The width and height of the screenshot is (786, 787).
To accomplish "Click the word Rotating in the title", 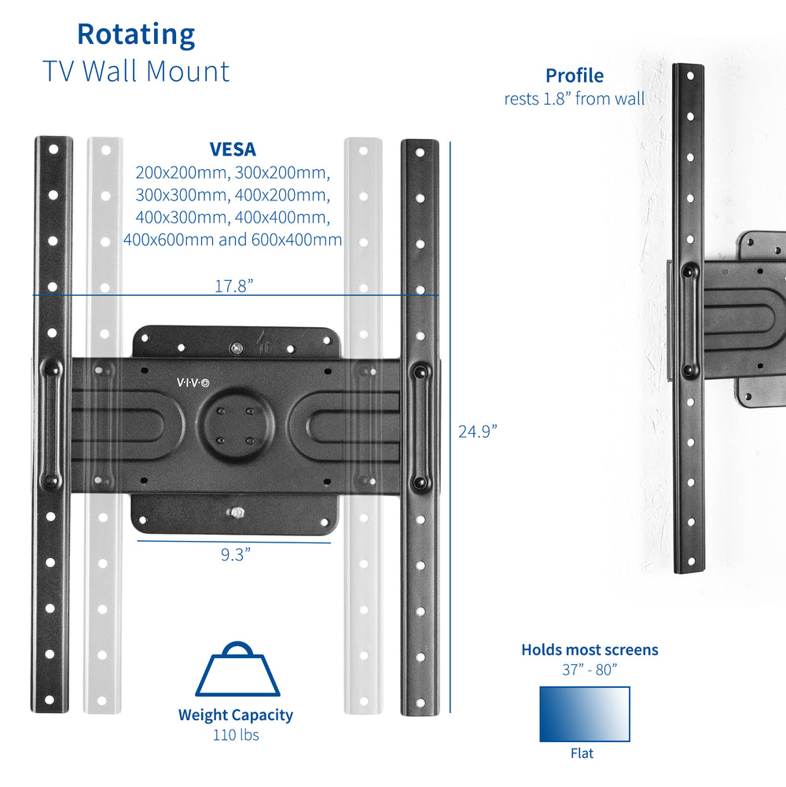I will pyautogui.click(x=135, y=35).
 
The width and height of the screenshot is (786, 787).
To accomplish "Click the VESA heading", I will pyautogui.click(x=232, y=149).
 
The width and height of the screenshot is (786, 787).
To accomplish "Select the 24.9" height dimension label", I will pyautogui.click(x=478, y=431).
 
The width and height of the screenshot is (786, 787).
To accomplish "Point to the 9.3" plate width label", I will pyautogui.click(x=235, y=554).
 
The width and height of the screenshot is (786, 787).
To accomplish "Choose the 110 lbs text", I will pyautogui.click(x=235, y=735).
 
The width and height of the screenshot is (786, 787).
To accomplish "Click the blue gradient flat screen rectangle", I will pyautogui.click(x=584, y=714).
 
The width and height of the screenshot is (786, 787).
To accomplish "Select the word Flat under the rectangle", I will pyautogui.click(x=583, y=753).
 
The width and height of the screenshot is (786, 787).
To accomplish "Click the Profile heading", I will pyautogui.click(x=575, y=75).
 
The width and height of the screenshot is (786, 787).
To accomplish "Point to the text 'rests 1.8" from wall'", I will pyautogui.click(x=575, y=99).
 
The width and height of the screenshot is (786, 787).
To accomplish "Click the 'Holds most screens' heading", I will pyautogui.click(x=589, y=649).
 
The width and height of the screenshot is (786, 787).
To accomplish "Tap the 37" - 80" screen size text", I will pyautogui.click(x=583, y=670).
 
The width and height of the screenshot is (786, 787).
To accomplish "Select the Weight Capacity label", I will pyautogui.click(x=235, y=715).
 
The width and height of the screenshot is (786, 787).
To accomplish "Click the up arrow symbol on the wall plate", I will pyautogui.click(x=262, y=342).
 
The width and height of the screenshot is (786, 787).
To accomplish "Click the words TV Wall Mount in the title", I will pyautogui.click(x=135, y=71).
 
